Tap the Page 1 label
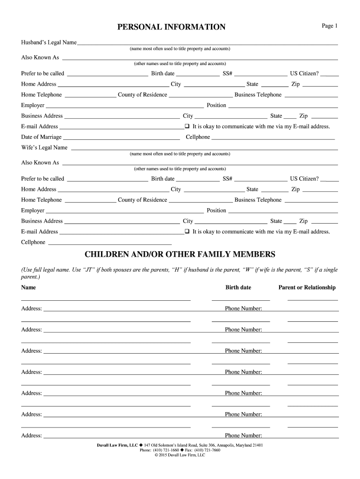329,26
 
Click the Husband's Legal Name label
49,43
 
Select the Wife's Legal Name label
44,148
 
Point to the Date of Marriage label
41,137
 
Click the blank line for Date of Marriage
121,138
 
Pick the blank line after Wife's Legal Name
203,149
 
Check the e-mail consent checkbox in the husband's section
187,126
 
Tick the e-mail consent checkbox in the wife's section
187,232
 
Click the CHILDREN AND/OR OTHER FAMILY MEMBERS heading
180,254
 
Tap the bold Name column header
28,287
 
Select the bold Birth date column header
238,287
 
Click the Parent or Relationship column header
307,287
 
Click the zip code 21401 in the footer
256,445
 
